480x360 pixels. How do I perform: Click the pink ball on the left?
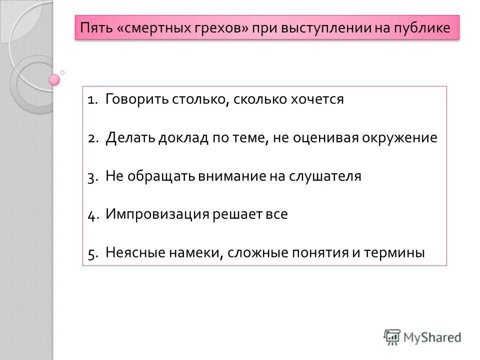[x=54, y=79]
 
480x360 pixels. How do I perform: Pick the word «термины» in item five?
[x=398, y=253]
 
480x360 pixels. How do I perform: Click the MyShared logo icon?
[x=392, y=336]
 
